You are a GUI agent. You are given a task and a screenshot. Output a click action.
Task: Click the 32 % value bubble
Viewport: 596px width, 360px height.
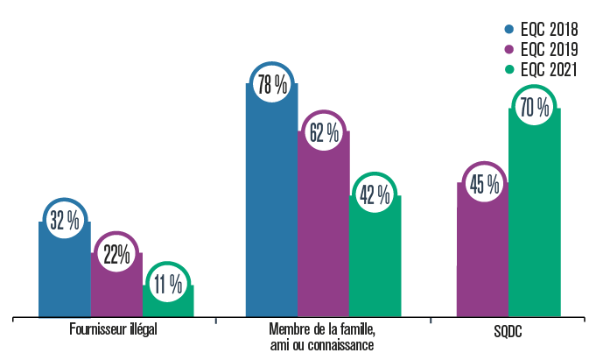click(65, 221)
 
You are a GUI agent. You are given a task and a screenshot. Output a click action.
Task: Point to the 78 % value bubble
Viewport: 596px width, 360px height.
click(272, 85)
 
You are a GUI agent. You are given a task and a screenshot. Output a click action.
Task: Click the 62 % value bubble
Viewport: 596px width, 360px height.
click(324, 133)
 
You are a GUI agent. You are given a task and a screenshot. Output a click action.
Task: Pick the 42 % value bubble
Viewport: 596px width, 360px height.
click(375, 194)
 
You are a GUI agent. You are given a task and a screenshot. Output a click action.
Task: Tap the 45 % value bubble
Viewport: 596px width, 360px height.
click(483, 184)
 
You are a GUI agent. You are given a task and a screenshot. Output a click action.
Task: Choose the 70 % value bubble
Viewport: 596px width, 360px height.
click(534, 108)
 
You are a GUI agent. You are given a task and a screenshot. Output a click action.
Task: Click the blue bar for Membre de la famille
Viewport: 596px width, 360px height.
click(272, 210)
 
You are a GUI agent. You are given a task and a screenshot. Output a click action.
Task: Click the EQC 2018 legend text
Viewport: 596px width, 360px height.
click(549, 31)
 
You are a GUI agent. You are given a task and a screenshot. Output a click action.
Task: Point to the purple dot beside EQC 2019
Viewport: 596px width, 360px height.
click(510, 52)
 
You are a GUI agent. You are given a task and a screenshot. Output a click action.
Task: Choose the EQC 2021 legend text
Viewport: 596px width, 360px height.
click(549, 72)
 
